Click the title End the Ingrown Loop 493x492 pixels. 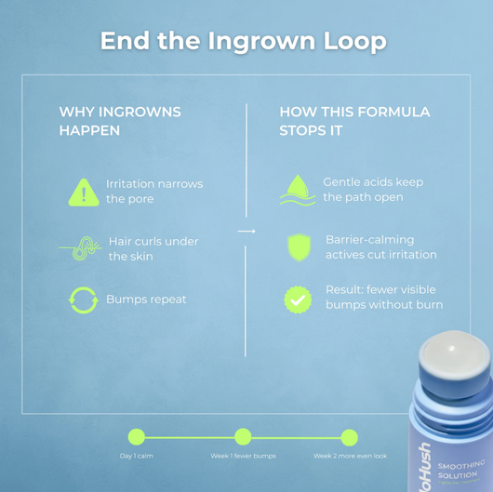pos(243,41)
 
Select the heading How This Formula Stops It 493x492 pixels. pos(354,121)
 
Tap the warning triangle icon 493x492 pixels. pos(84,193)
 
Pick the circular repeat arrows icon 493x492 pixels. pos(84,299)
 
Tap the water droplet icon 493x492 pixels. pos(298,191)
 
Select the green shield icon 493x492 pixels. pos(298,247)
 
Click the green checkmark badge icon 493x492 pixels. pos(298,299)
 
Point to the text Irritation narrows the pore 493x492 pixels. pos(153,192)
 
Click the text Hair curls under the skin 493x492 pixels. pos(153,248)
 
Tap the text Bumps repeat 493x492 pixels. pos(146,299)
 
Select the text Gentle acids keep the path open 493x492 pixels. pos(372,190)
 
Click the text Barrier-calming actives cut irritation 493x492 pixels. pos(380,246)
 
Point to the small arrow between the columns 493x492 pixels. pos(246,231)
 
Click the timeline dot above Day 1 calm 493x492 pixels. pos(137,436)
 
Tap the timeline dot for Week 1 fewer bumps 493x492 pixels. pos(243,436)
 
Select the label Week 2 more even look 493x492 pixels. pos(350,457)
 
